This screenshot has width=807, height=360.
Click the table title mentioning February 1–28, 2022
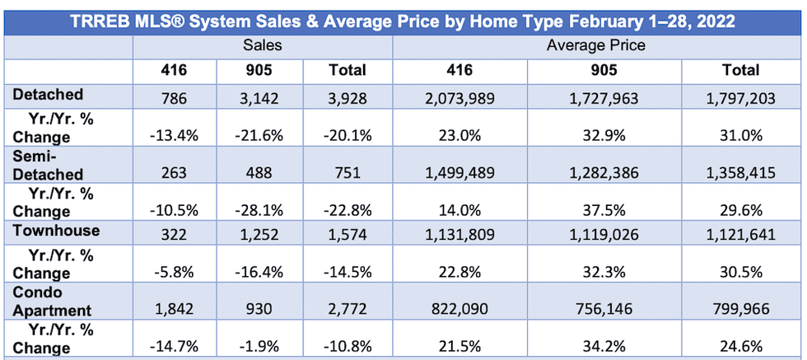point(403,21)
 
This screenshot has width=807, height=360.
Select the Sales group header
point(263,45)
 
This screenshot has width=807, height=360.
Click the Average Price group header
point(596,45)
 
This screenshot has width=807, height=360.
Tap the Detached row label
point(49,96)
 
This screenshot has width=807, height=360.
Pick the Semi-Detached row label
point(49,165)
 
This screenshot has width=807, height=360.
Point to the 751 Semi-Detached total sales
point(348,174)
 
